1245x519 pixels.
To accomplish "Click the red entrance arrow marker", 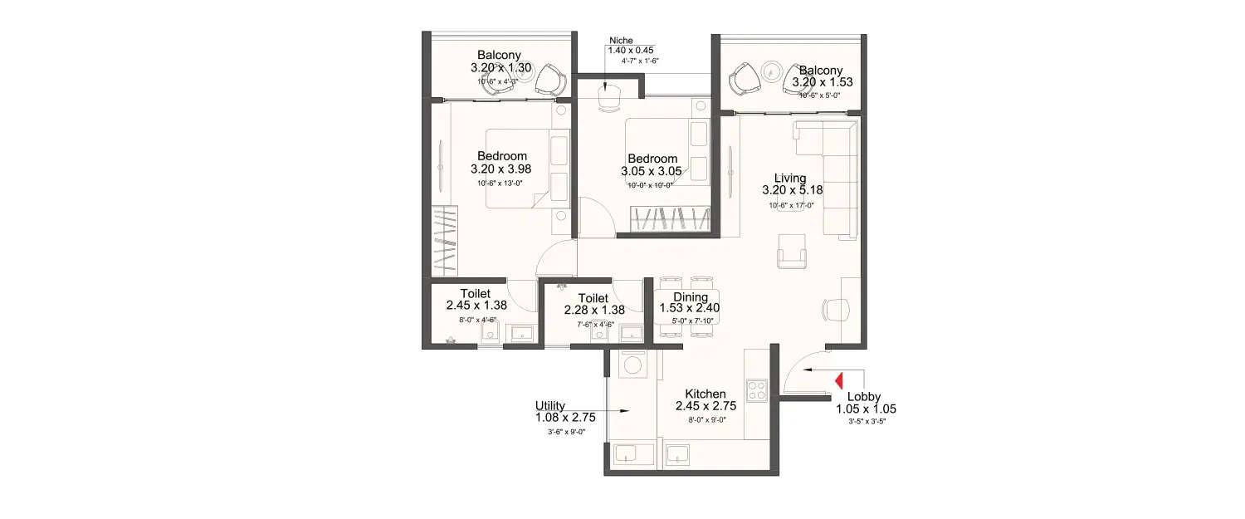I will (838, 380).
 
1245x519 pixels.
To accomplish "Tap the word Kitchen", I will (705, 394).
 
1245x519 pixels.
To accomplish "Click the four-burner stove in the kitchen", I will (756, 390).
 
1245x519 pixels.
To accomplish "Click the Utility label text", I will (550, 405).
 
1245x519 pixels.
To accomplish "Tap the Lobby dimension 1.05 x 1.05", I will (866, 409).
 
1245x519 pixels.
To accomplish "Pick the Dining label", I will (690, 297).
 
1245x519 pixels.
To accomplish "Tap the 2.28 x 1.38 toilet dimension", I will (593, 310).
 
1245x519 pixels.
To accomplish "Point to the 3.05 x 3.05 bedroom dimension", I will (652, 171).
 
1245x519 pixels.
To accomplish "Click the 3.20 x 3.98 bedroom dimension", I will (501, 168).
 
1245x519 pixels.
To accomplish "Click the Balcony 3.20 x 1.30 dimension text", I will (499, 68).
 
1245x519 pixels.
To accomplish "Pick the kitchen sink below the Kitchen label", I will (681, 455).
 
